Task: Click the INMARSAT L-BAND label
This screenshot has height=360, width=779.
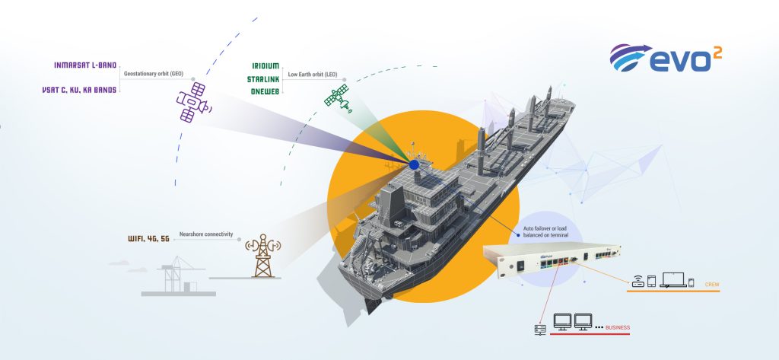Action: [85, 65]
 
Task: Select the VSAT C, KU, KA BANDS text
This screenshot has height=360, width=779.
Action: [79, 89]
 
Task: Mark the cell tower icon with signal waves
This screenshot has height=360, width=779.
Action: [262, 253]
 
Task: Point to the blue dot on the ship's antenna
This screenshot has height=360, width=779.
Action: [414, 164]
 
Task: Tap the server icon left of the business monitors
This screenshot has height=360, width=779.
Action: [541, 329]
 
